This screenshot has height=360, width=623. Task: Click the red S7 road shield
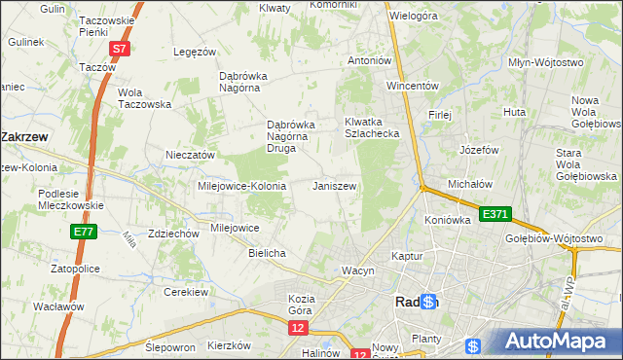(119, 48)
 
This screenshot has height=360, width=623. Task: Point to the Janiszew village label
(334, 185)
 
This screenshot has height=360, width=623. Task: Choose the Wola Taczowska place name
(144, 98)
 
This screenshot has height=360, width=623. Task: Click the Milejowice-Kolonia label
(241, 186)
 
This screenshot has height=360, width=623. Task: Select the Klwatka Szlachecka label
(373, 128)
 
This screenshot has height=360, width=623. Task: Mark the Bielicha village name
(266, 253)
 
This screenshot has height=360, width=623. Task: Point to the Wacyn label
(357, 270)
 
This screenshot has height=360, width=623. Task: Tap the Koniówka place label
(448, 220)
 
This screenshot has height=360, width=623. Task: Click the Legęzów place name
(192, 52)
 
